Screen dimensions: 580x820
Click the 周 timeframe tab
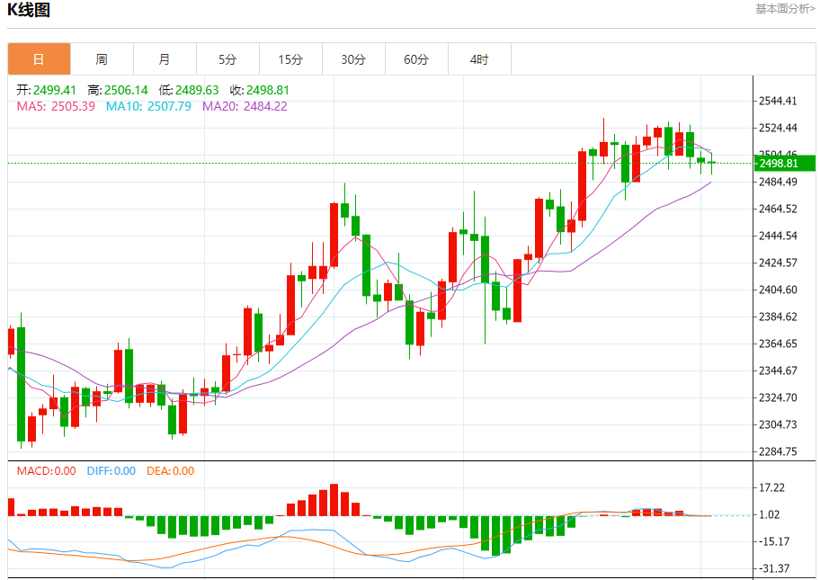click(x=102, y=59)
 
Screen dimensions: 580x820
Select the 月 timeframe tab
click(x=165, y=59)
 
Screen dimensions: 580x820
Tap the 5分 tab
click(x=227, y=59)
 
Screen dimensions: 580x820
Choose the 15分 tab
click(x=290, y=59)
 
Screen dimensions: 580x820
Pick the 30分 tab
click(x=353, y=59)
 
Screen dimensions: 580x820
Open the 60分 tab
click(x=416, y=59)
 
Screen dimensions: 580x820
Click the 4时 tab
click(x=479, y=59)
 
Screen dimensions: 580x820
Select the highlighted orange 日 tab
click(x=39, y=59)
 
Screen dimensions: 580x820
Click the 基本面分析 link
click(x=785, y=9)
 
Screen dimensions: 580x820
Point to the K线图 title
click(x=29, y=11)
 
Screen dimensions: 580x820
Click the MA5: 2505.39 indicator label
click(x=56, y=106)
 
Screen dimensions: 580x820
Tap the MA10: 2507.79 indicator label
click(x=148, y=106)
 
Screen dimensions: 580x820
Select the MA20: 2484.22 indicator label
click(x=245, y=106)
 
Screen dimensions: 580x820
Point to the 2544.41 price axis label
click(x=779, y=102)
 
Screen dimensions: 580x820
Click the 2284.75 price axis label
click(x=779, y=451)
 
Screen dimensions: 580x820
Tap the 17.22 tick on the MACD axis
click(x=772, y=487)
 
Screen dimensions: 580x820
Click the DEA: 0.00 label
click(x=170, y=470)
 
